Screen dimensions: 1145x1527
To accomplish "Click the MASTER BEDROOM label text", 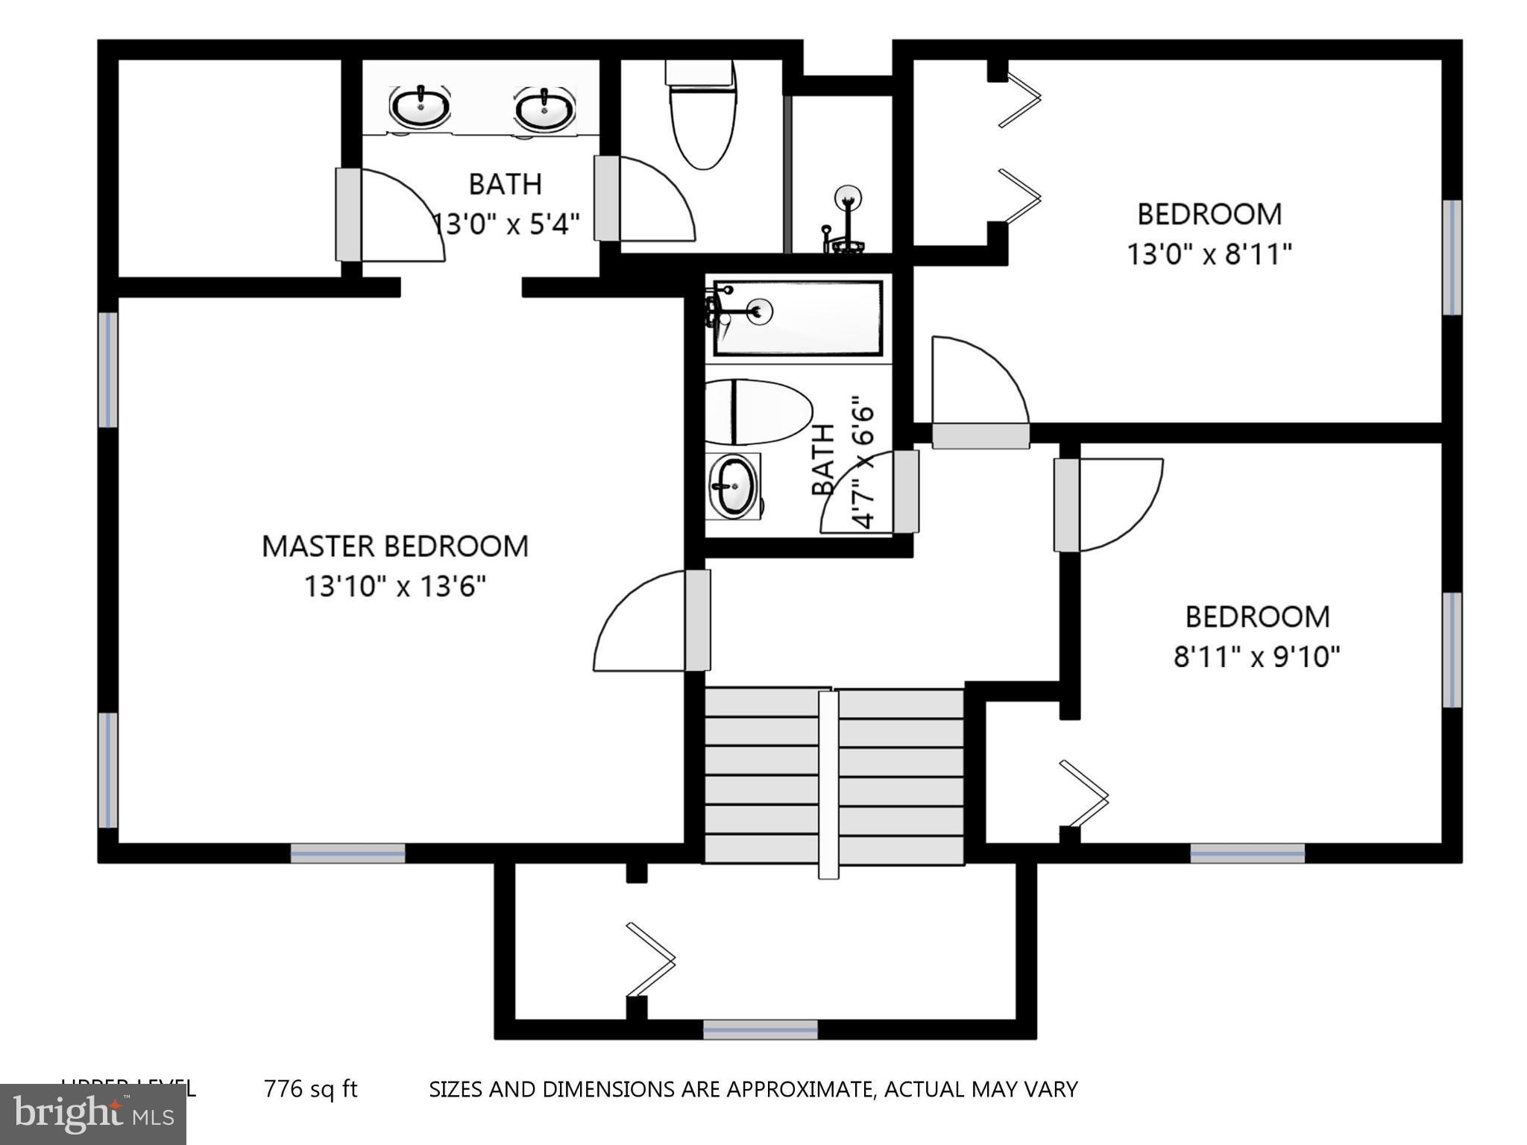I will click(394, 546).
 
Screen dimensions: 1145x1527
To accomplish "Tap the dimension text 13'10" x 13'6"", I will click(394, 587).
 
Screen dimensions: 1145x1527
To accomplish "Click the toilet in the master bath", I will click(701, 119).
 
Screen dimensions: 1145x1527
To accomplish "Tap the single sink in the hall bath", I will click(733, 486).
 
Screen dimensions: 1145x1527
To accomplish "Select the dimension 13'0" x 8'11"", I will click(1208, 255).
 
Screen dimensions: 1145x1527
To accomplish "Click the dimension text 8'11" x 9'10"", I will click(1256, 657).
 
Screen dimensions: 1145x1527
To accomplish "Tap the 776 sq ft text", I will click(311, 1089).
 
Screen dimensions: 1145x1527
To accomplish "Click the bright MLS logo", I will click(93, 1114).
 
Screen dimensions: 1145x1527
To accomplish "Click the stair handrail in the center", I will click(828, 783).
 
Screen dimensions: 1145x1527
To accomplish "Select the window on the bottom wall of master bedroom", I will click(347, 854).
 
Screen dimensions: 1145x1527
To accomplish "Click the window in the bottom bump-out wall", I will click(761, 1029).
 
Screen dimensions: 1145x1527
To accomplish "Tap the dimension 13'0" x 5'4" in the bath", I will click(507, 224).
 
